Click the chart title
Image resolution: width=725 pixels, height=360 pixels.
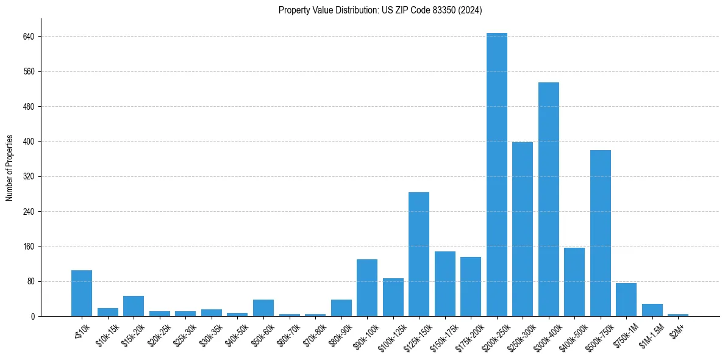[x=380, y=10]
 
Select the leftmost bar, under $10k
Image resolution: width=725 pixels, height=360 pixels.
[x=82, y=293]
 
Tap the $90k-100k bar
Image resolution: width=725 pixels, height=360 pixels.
[x=367, y=288]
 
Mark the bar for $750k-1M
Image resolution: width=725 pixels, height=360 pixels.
[x=626, y=300]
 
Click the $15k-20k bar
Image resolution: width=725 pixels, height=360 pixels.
[x=134, y=306]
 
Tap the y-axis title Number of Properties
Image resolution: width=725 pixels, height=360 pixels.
[x=10, y=167]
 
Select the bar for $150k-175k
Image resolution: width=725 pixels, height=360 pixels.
[x=445, y=284]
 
